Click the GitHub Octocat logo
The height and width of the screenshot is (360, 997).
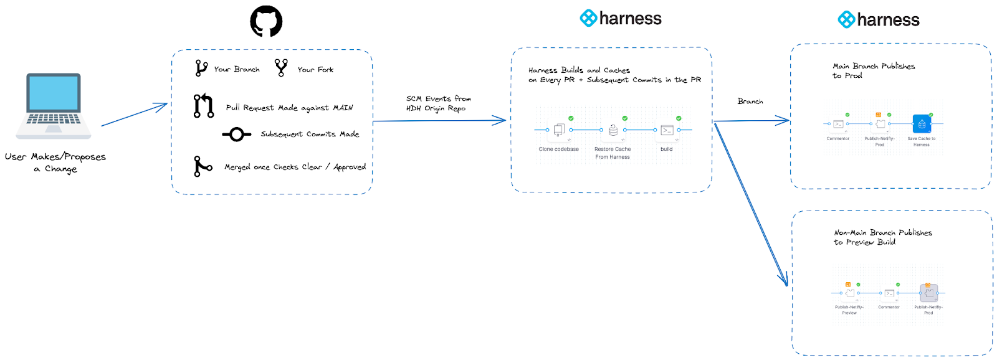click(266, 22)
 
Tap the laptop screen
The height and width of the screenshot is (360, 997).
click(54, 93)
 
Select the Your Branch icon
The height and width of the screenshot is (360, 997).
click(201, 68)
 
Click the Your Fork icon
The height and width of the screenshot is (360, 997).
click(281, 67)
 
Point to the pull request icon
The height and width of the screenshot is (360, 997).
click(203, 106)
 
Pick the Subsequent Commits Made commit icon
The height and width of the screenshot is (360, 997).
click(236, 134)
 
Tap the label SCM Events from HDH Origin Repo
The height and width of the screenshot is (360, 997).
click(438, 103)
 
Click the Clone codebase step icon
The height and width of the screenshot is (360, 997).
click(559, 130)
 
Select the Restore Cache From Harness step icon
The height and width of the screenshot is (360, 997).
click(613, 130)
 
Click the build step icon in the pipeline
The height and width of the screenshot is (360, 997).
click(667, 130)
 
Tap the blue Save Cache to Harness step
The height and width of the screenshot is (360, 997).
click(922, 124)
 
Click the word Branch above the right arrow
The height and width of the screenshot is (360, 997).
click(750, 101)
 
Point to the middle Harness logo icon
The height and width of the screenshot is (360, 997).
click(588, 18)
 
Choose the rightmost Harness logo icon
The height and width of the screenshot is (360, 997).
click(846, 20)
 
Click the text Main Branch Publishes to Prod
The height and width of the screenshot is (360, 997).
click(873, 70)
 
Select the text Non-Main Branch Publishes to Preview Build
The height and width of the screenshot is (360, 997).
click(882, 237)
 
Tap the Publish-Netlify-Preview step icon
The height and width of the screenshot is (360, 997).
click(850, 293)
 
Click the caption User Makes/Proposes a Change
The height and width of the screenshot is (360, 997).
click(55, 162)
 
